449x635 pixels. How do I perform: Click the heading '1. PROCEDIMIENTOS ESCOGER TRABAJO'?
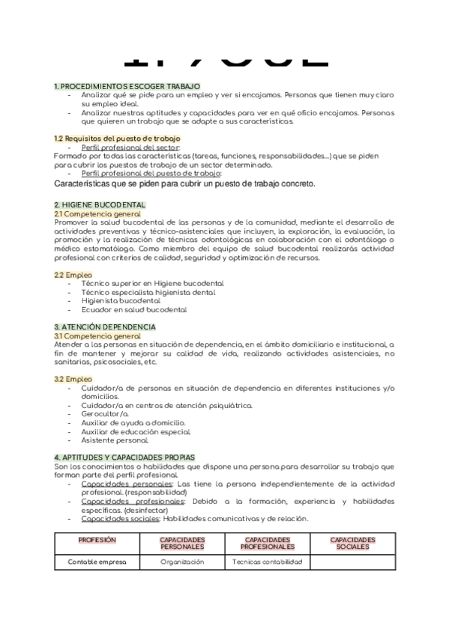(x=127, y=87)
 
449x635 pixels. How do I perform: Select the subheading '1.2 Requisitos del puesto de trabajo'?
(x=117, y=139)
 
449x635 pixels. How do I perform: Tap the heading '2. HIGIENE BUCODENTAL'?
(x=100, y=204)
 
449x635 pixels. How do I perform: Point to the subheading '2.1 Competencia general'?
(x=97, y=213)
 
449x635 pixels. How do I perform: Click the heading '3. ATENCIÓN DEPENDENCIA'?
(x=105, y=327)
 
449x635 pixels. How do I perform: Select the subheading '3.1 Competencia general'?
(x=97, y=336)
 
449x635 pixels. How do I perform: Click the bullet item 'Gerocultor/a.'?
(x=105, y=413)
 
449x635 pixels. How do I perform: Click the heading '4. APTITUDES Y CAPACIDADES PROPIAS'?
(x=124, y=457)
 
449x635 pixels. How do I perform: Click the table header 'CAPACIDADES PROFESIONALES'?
(x=268, y=543)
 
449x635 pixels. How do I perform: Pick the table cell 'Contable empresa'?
(x=97, y=561)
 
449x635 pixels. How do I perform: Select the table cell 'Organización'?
(x=182, y=561)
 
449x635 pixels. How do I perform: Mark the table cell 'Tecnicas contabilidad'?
(x=268, y=561)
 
